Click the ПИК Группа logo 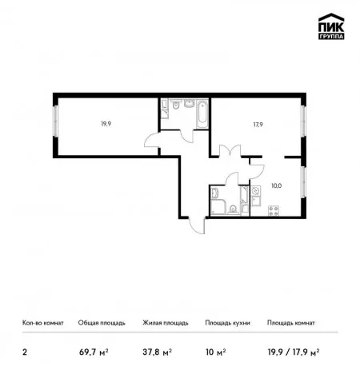tap(331, 26)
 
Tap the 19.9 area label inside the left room tap(106, 124)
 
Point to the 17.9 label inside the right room tap(258, 125)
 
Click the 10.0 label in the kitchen tap(277, 185)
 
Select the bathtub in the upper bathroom tap(202, 114)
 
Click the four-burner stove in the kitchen tap(274, 210)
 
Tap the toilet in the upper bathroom tap(175, 105)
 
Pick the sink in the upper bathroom tap(190, 103)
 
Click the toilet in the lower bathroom tap(233, 209)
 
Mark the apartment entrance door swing tap(198, 225)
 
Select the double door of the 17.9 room tap(230, 150)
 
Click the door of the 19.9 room tap(152, 140)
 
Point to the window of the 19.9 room tap(56, 121)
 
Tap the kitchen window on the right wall tap(303, 182)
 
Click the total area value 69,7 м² tap(94, 352)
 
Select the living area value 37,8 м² tap(157, 352)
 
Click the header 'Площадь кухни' tap(227, 323)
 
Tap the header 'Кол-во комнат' tap(43, 323)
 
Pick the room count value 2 tap(25, 352)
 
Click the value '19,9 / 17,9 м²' tap(294, 352)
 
